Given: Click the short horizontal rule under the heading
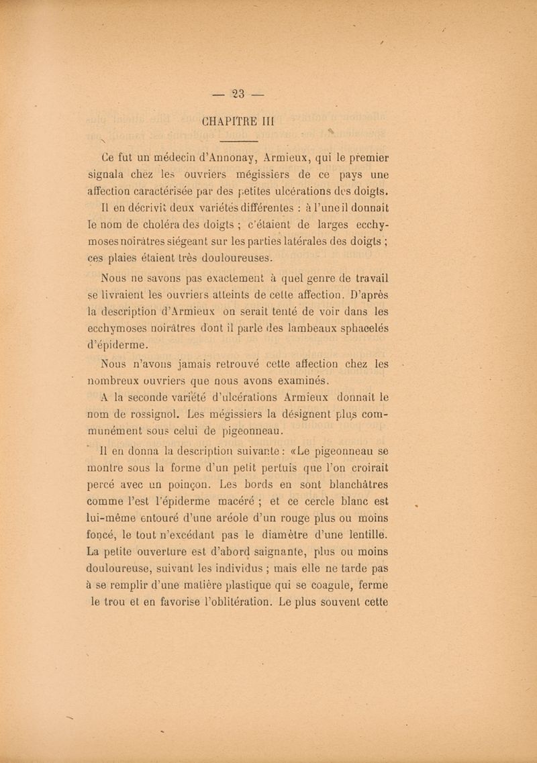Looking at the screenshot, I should pyautogui.click(x=239, y=142).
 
